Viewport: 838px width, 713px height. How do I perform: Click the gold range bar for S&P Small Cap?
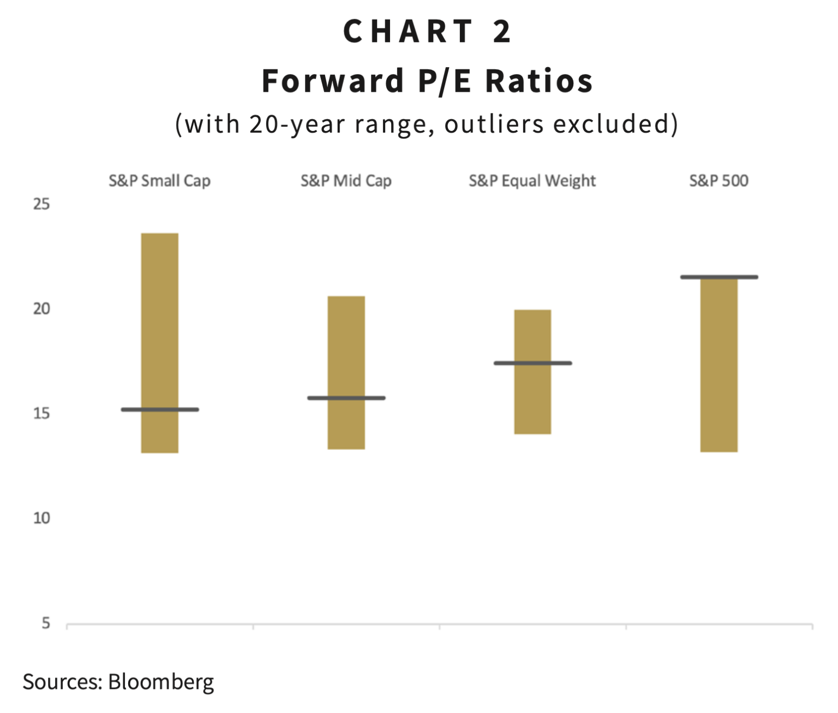(x=159, y=328)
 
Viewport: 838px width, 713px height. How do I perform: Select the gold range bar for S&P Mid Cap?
(x=346, y=349)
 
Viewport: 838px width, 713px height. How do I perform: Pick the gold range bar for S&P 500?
(x=719, y=371)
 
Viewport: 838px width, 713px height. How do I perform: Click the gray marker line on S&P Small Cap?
(x=159, y=409)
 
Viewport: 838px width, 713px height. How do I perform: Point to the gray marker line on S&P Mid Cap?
(x=346, y=398)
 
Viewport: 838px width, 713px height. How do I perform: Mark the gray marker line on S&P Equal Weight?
(x=532, y=363)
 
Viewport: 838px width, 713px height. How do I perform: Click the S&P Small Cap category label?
(x=159, y=181)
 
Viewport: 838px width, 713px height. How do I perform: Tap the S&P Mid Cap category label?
(x=346, y=181)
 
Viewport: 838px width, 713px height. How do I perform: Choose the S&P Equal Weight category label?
(x=532, y=181)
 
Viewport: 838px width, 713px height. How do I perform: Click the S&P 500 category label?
(x=719, y=181)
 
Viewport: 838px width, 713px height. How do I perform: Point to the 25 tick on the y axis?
(x=41, y=204)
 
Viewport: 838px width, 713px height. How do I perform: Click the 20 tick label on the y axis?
(x=41, y=309)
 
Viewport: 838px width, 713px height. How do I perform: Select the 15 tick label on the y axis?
(x=41, y=414)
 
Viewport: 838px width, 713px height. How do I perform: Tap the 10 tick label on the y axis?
(x=41, y=518)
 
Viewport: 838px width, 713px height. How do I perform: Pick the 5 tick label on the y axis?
(x=46, y=623)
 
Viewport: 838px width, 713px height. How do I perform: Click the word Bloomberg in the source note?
(x=161, y=682)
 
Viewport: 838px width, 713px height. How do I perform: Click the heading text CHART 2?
(x=427, y=31)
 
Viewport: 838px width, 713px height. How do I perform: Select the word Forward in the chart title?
(x=333, y=81)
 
